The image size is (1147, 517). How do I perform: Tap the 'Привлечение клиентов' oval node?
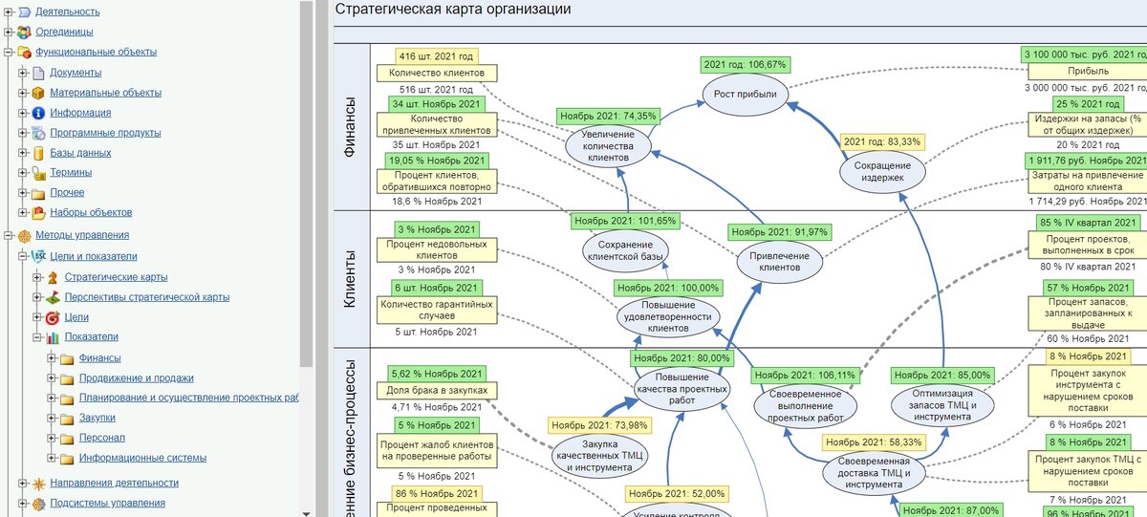click(779, 261)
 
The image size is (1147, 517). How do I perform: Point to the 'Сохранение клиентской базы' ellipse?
click(626, 251)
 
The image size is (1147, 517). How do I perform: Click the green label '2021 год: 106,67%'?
click(746, 65)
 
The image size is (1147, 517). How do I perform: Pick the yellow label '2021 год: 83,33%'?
click(881, 141)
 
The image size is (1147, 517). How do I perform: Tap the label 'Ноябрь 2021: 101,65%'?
click(625, 221)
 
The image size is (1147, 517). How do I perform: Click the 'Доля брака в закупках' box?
click(438, 390)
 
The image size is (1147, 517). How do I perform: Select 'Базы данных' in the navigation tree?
click(80, 153)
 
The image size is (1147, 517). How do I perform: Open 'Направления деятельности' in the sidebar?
click(114, 484)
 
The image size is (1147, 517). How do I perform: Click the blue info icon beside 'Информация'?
click(38, 113)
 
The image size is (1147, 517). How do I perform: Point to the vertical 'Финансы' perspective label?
click(350, 119)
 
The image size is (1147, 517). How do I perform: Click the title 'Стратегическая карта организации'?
click(453, 10)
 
